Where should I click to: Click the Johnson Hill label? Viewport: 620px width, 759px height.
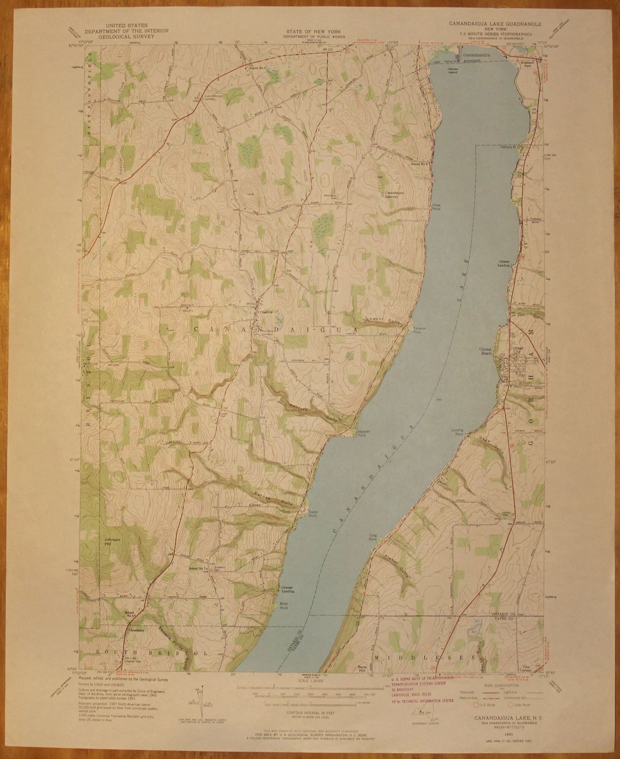coord(113,542)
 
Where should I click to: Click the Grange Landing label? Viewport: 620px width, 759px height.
coord(287,600)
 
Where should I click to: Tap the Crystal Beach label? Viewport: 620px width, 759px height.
coord(485,351)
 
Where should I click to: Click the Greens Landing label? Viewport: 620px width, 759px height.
coord(504,263)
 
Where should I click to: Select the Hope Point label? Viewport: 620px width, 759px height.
coord(437,206)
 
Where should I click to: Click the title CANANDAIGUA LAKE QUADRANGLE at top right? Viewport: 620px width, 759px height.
coord(495,23)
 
